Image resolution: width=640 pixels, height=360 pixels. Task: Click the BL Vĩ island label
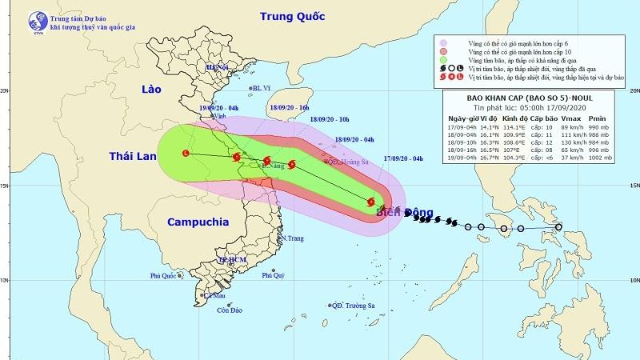[262, 89]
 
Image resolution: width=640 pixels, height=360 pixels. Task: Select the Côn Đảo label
[230, 310]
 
